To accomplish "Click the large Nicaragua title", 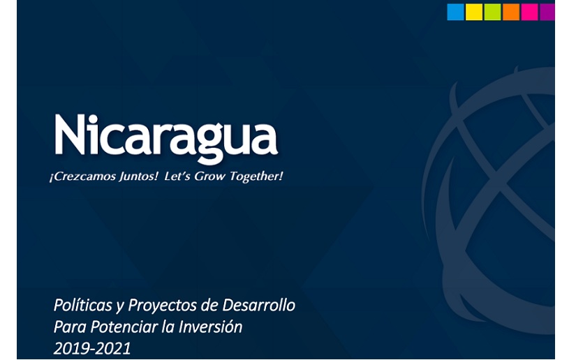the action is click(x=166, y=137).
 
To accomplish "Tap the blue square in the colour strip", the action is click(x=455, y=12).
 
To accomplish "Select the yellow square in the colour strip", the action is click(x=474, y=12).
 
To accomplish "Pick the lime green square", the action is click(x=492, y=12).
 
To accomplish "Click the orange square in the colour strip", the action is click(x=511, y=12).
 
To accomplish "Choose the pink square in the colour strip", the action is click(x=529, y=12).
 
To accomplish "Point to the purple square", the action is click(x=547, y=12).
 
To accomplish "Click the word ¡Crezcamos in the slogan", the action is click(x=82, y=177).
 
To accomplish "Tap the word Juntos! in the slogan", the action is click(x=138, y=177).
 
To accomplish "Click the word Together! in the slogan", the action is click(x=256, y=177).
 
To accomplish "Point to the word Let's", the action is click(x=177, y=177).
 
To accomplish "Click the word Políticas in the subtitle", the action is click(x=82, y=305).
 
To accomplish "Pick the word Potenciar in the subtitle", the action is click(x=121, y=327).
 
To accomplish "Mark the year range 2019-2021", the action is click(x=92, y=349).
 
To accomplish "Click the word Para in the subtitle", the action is click(x=70, y=327).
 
